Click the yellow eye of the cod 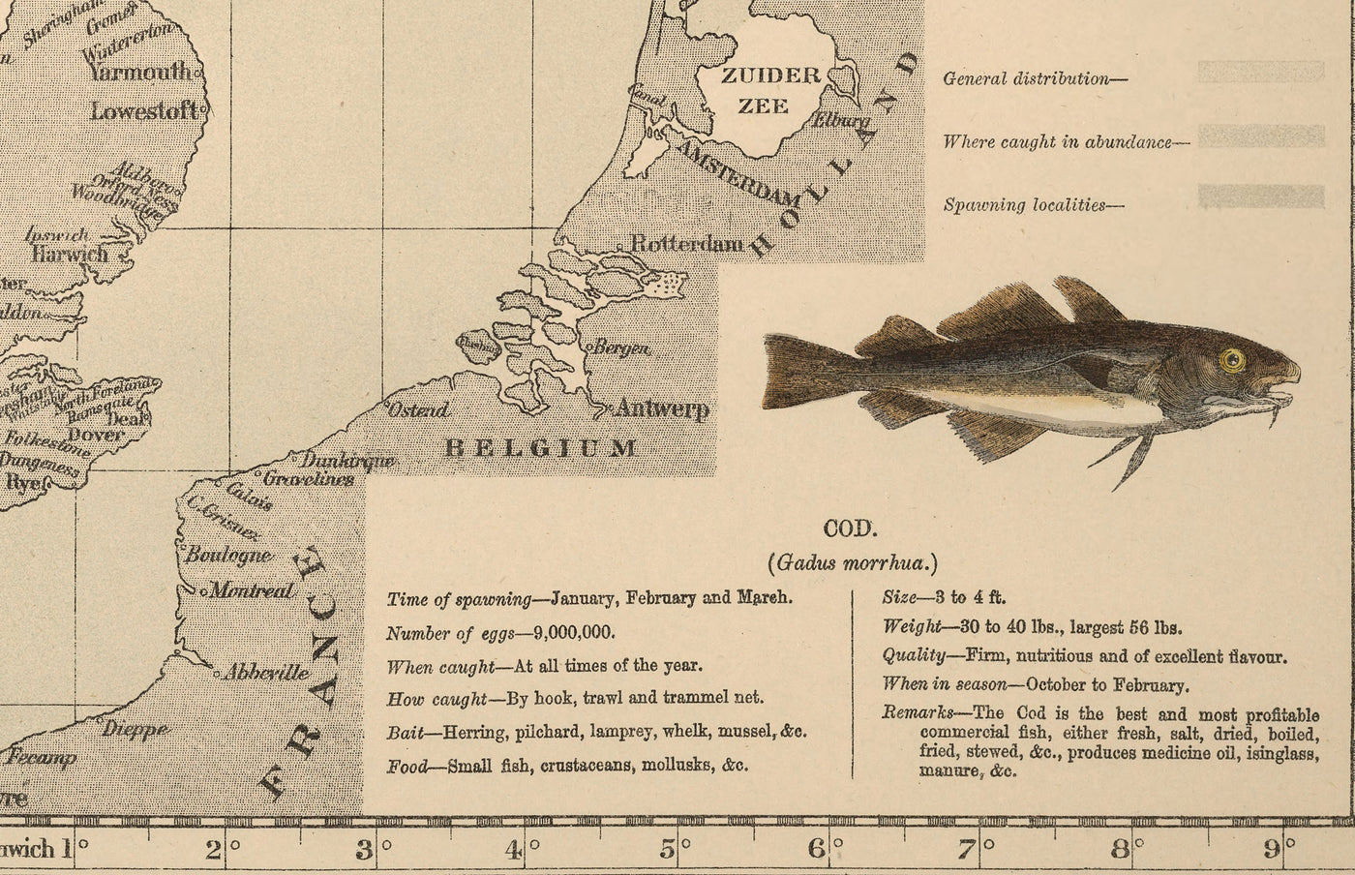tap(1231, 361)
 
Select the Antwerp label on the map tap(662, 408)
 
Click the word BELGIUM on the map tap(540, 447)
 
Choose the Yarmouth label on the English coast tap(140, 72)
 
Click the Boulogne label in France tap(228, 555)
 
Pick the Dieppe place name tap(135, 729)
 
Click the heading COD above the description tap(850, 528)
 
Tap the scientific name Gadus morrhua tap(852, 562)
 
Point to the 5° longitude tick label tap(668, 851)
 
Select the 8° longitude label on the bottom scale tap(1122, 851)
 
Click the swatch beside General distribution tap(1260, 73)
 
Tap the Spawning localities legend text tap(1024, 205)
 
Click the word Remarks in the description tap(911, 713)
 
